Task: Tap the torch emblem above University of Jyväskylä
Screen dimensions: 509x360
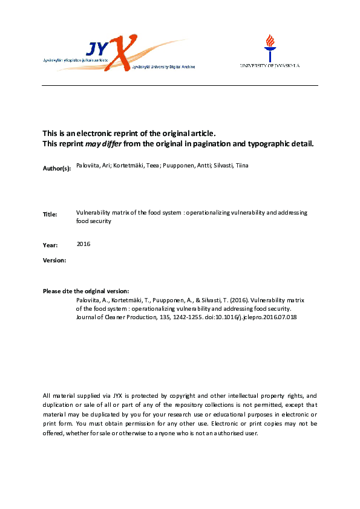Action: point(269,46)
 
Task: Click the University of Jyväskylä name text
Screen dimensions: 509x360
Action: point(270,65)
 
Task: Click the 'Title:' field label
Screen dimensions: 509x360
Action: point(50,215)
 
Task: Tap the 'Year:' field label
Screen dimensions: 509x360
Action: point(50,245)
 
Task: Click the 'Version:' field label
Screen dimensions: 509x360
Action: point(54,260)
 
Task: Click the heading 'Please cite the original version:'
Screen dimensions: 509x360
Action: point(85,291)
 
